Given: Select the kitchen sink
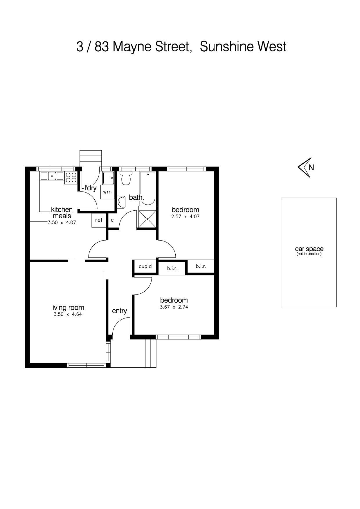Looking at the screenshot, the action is pyautogui.click(x=52, y=176).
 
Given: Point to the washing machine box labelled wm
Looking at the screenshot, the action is pyautogui.click(x=107, y=192).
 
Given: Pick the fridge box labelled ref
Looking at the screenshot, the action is pyautogui.click(x=99, y=220).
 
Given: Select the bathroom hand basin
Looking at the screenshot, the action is pyautogui.click(x=121, y=202).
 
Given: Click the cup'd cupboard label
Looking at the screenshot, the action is pyautogui.click(x=145, y=266).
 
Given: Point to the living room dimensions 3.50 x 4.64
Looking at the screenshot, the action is pyautogui.click(x=68, y=314).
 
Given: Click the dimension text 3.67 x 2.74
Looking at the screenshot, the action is pyautogui.click(x=174, y=307).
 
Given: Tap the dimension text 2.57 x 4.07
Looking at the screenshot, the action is pyautogui.click(x=186, y=216).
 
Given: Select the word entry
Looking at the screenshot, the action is pyautogui.click(x=120, y=311).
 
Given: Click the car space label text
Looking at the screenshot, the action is pyautogui.click(x=309, y=249).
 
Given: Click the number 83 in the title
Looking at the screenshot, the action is pyautogui.click(x=102, y=47).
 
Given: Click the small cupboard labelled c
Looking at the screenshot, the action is pyautogui.click(x=112, y=220).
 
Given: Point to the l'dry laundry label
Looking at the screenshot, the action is pyautogui.click(x=91, y=188).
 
